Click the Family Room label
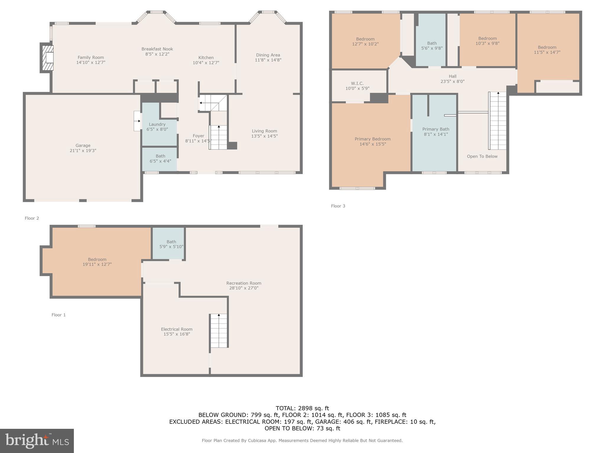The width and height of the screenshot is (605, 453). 91,58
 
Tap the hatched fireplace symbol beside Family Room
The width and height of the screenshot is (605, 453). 48,58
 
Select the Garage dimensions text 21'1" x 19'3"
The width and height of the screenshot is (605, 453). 83,151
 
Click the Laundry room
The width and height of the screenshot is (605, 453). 157,127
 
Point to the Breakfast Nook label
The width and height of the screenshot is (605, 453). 157,49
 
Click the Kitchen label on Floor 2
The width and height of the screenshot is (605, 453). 206,58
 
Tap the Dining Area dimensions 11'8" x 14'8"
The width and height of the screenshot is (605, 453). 268,60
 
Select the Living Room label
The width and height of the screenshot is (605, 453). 264,131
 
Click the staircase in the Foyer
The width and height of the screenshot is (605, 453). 219,137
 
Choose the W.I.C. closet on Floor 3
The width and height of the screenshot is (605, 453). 357,86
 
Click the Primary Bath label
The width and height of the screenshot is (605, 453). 436,129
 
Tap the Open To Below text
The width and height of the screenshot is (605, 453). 482,156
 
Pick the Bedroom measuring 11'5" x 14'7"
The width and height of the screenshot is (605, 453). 547,50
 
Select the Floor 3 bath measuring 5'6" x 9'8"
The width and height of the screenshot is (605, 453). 432,46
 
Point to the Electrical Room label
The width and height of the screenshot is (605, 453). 177,329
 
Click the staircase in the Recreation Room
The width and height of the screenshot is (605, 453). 219,331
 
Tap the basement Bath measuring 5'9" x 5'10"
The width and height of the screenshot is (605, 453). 171,244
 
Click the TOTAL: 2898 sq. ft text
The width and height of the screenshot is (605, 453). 302,408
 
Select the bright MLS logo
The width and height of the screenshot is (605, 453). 37,441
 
